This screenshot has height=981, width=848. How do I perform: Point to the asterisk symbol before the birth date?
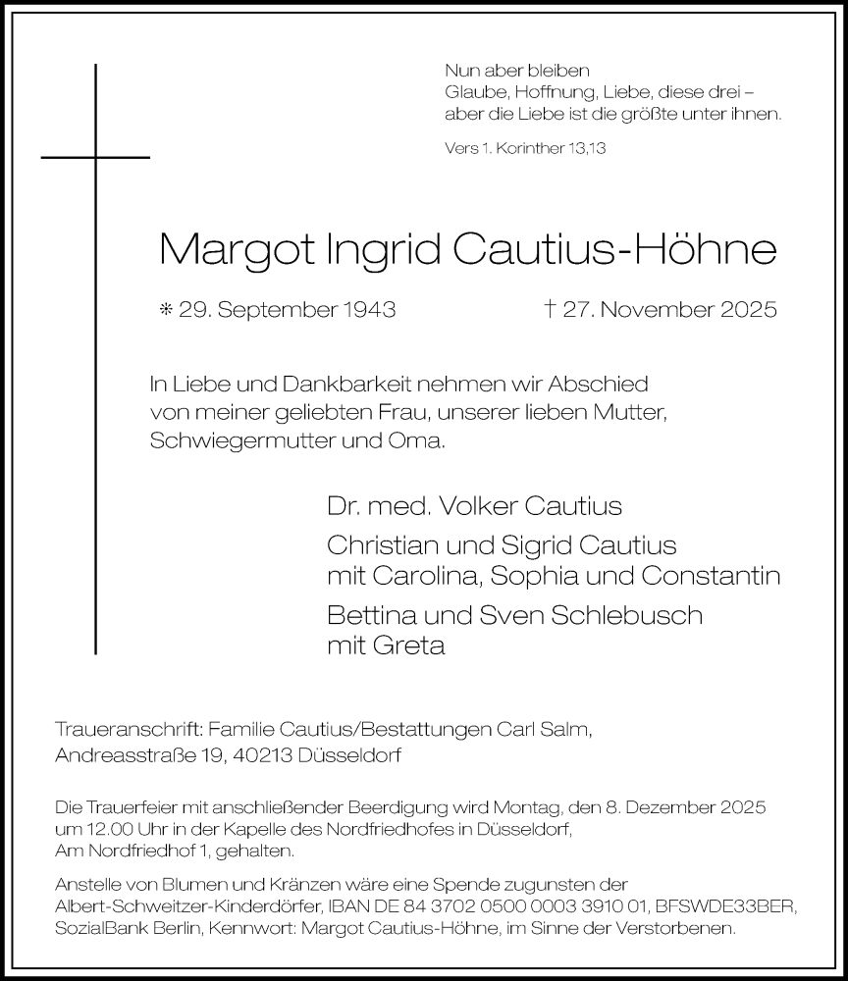[166, 310]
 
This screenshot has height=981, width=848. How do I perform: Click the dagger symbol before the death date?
[551, 309]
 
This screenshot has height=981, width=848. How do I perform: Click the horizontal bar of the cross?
[95, 156]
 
